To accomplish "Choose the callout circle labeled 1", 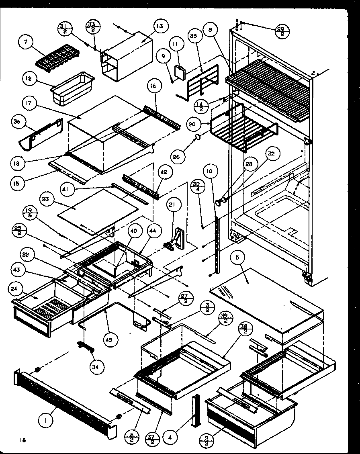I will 47,421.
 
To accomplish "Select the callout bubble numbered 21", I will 172,205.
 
